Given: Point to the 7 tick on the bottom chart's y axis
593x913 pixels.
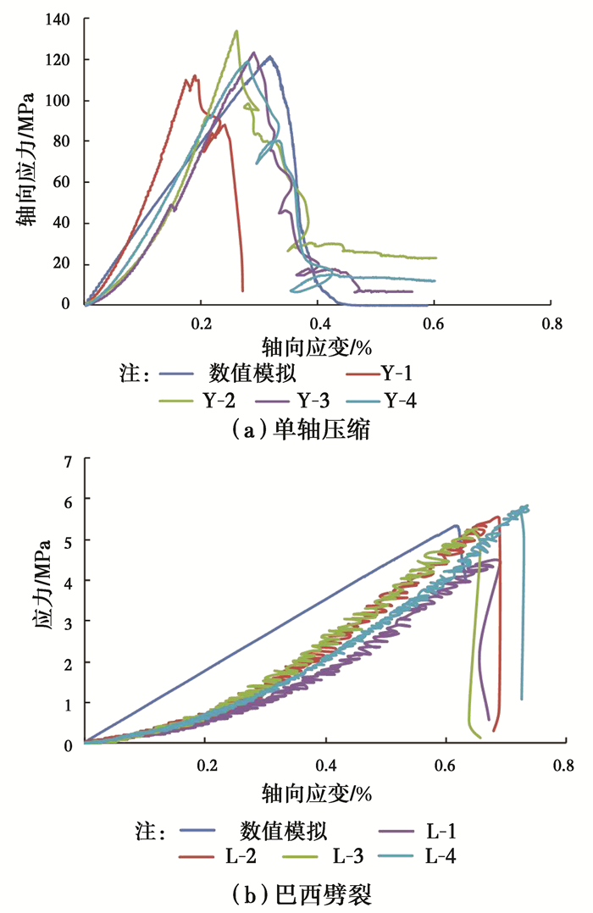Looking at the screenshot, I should [x=69, y=460].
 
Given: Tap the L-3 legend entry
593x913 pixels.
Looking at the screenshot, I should [x=338, y=855].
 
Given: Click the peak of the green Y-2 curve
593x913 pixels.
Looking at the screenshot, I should [x=236, y=31].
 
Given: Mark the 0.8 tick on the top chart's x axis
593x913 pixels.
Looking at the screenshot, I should [x=551, y=323].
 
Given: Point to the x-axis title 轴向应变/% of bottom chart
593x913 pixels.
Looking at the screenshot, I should [x=319, y=793].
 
